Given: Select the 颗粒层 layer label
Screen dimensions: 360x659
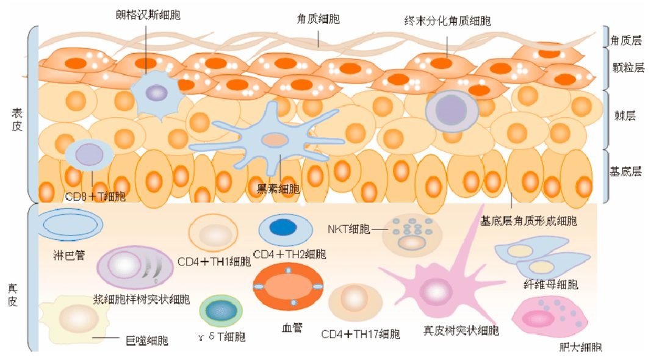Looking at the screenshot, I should tap(628, 68).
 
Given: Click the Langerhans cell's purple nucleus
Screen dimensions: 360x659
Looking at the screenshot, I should tap(156, 93).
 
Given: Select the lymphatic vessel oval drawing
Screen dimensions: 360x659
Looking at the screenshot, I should tap(67, 225).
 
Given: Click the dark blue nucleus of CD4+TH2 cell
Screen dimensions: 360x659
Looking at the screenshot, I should tap(282, 228).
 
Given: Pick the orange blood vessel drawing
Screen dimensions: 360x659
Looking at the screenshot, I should tap(288, 286).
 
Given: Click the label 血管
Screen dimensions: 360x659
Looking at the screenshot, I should tap(289, 327).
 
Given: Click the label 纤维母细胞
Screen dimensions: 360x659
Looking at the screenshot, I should tap(551, 284).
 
